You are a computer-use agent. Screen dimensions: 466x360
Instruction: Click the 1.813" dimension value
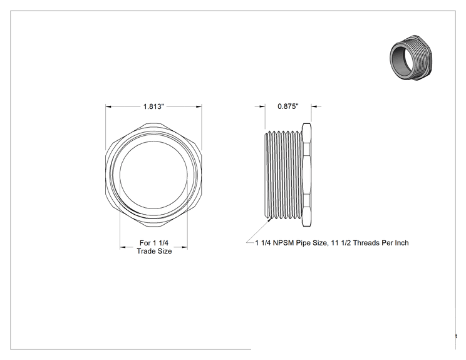[x=153, y=106]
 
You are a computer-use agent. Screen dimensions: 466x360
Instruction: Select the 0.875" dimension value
[x=288, y=106]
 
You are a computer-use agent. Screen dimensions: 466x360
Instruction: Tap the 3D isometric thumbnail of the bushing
[x=411, y=58]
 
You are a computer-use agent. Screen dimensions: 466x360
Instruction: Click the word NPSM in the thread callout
[x=284, y=243]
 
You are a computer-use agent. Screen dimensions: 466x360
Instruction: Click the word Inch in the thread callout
[x=401, y=243]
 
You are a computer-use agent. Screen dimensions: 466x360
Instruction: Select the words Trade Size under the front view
[x=154, y=251]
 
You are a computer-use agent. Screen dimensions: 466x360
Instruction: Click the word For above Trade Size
[x=145, y=243]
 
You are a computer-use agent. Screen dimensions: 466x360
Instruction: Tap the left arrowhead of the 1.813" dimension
[x=108, y=106]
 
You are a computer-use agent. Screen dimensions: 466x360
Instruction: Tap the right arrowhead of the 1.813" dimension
[x=199, y=106]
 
